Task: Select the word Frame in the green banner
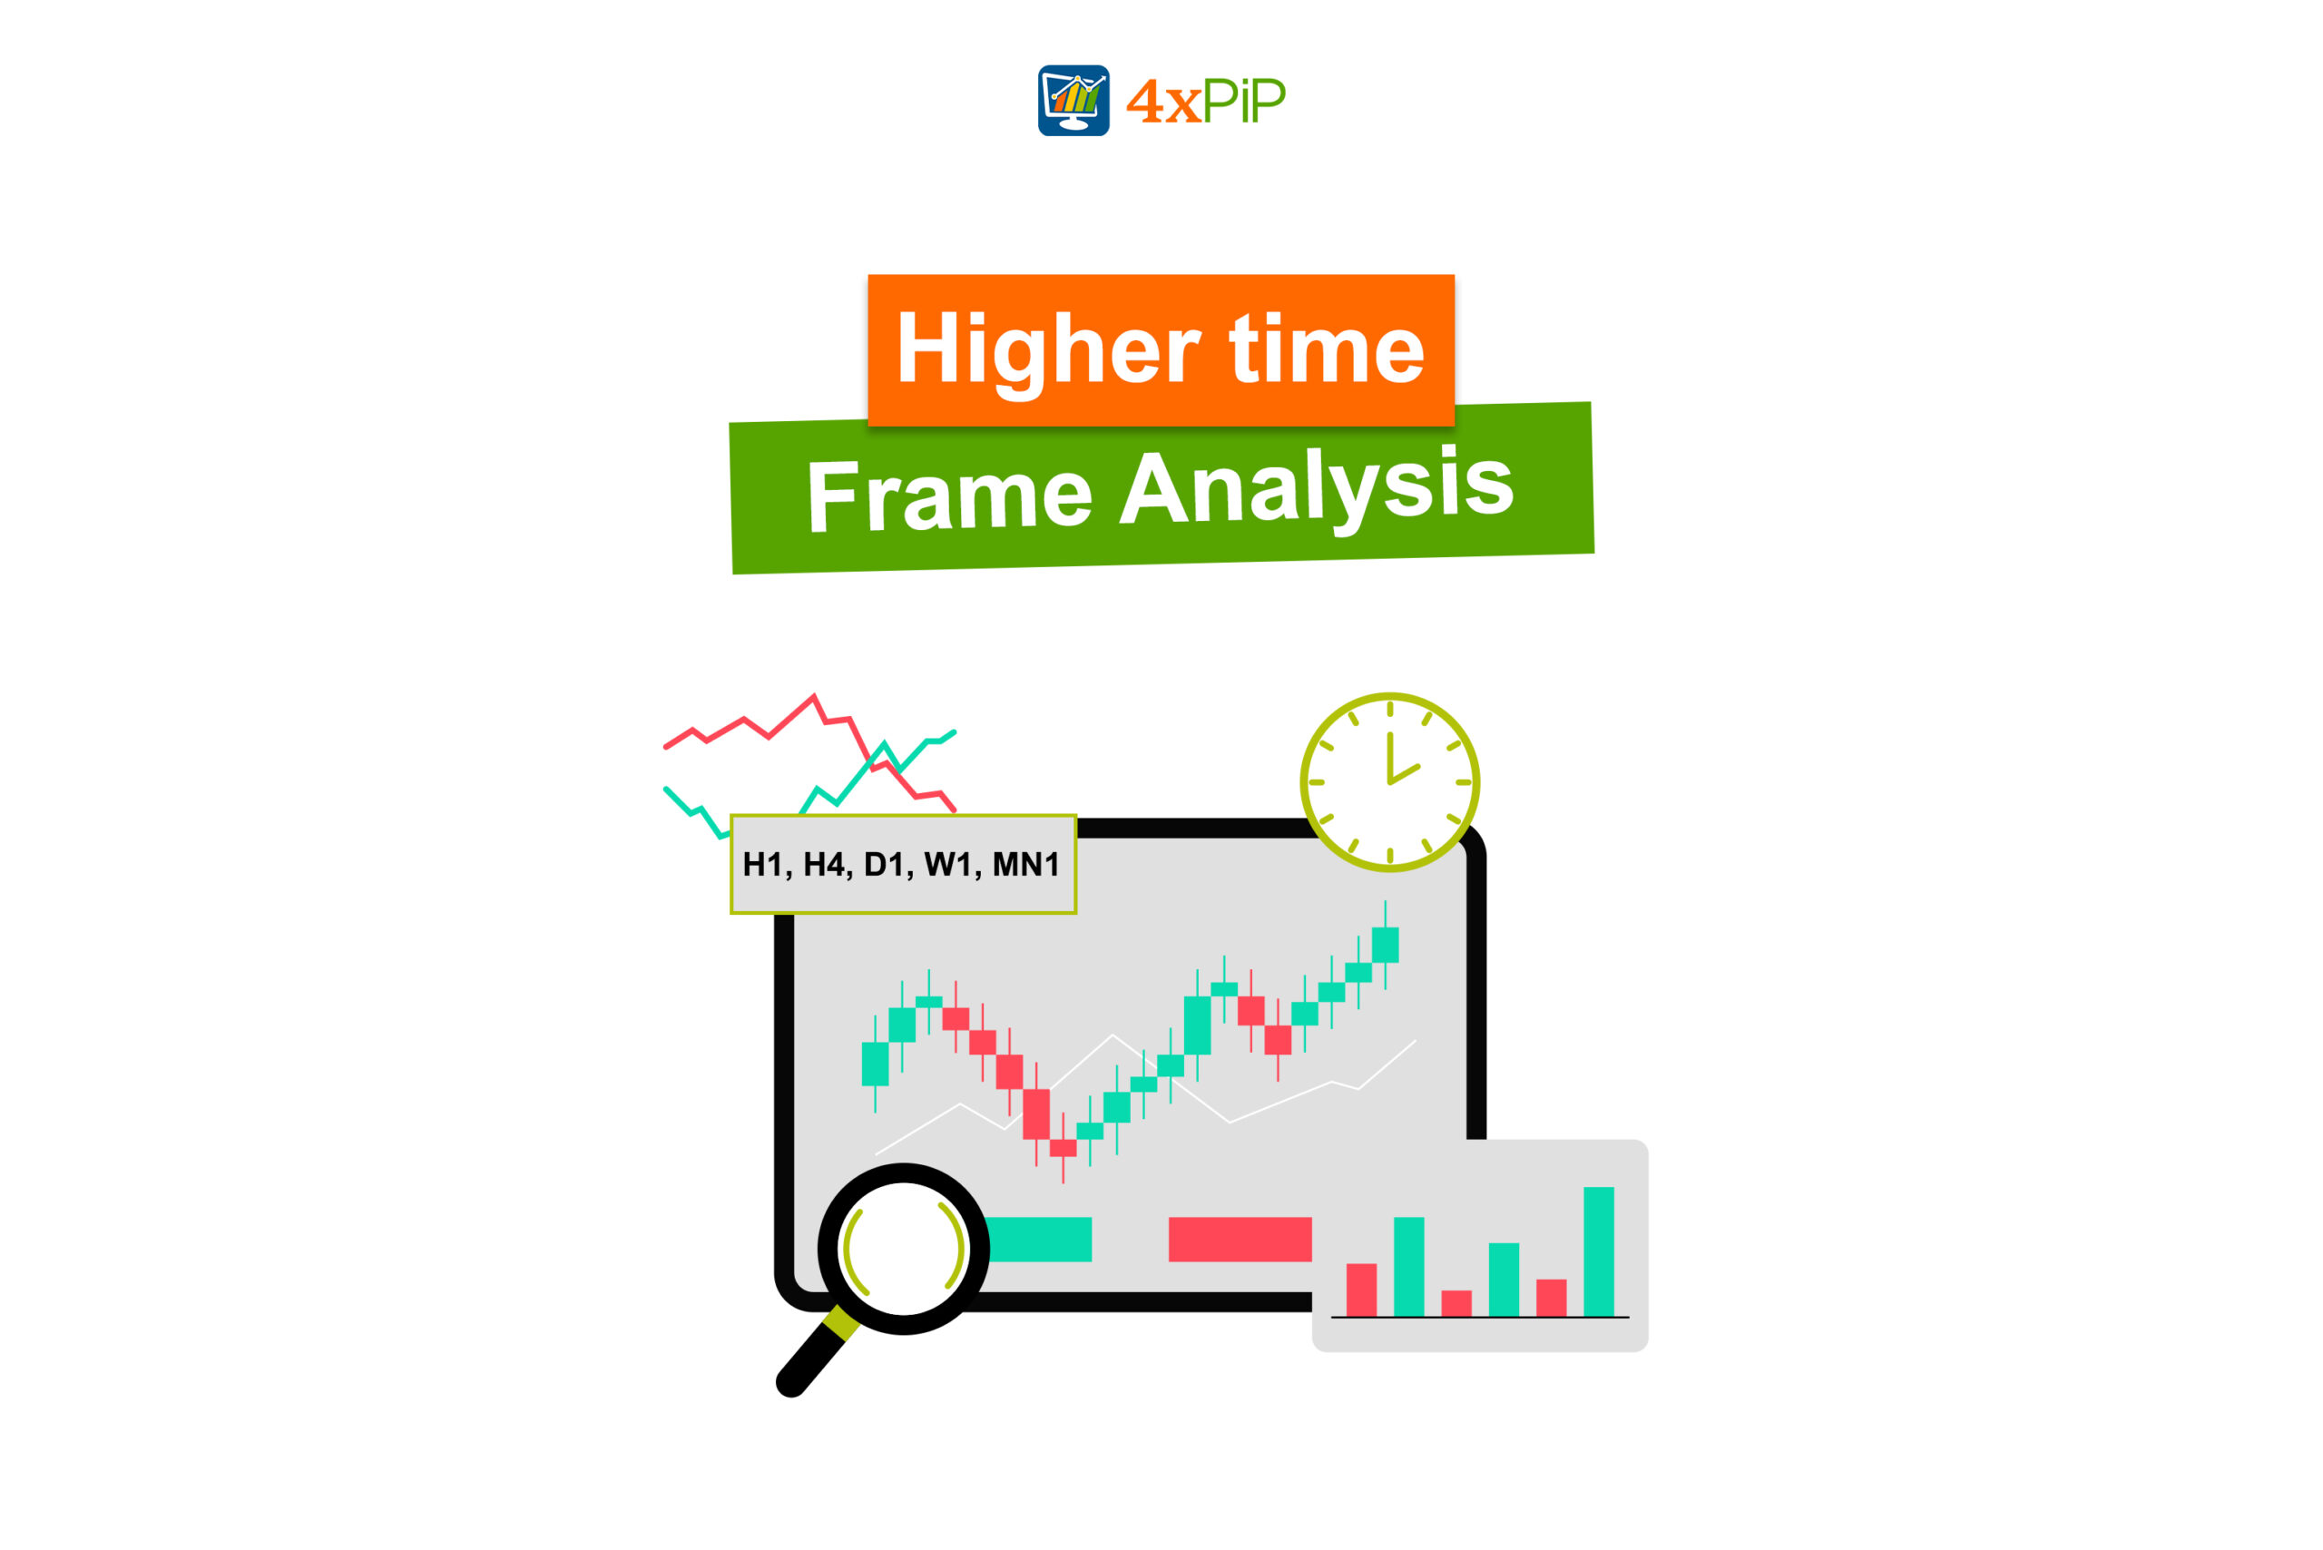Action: tap(949, 495)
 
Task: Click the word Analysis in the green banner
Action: tap(1316, 487)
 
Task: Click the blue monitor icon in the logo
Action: tap(1073, 100)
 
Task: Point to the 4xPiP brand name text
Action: tap(1206, 101)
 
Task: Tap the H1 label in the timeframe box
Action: tap(763, 865)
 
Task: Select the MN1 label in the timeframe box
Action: tap(1025, 865)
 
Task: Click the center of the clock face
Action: tap(1390, 782)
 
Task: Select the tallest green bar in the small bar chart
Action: tap(1598, 1251)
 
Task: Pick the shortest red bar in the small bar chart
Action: tap(1456, 1304)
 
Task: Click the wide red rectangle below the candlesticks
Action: tap(1240, 1240)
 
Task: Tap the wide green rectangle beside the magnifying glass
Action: tap(1039, 1240)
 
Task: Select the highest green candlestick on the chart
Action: tap(1385, 945)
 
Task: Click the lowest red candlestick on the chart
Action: tap(1063, 1148)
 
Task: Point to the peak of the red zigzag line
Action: tap(814, 696)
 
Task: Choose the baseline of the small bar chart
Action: tap(1480, 1318)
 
